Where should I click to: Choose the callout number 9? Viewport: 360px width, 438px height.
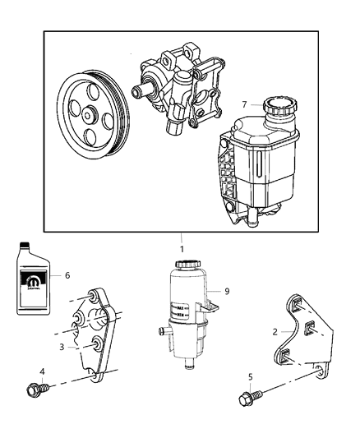(x=227, y=291)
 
